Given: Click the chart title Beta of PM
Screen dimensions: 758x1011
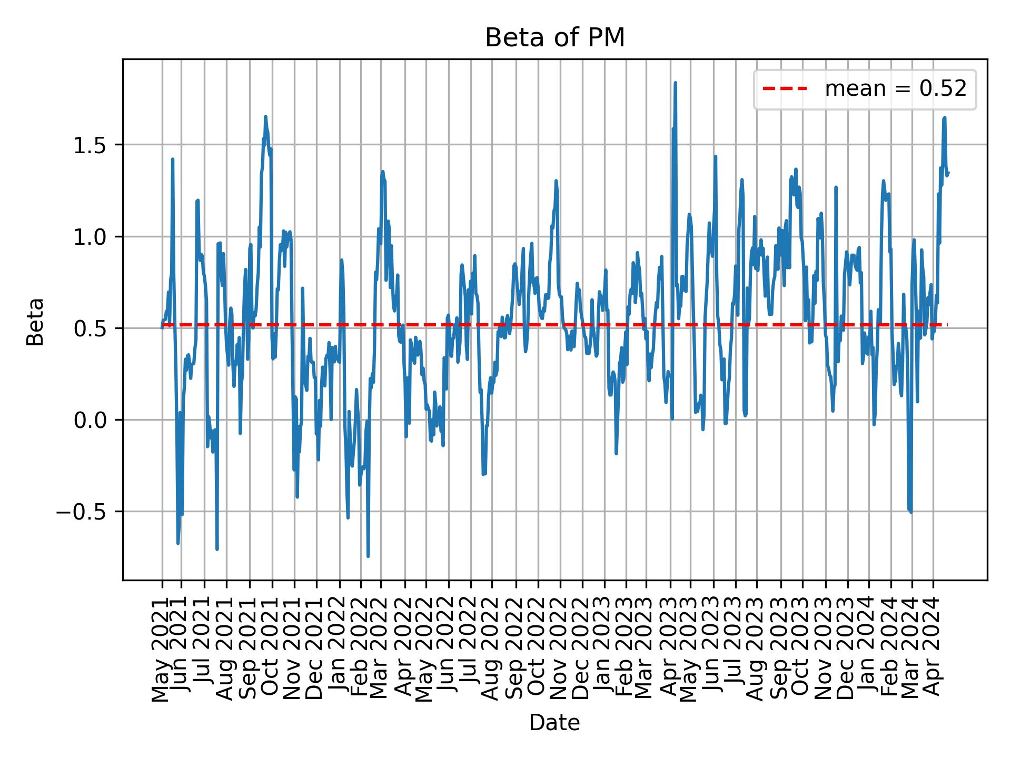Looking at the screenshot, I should (554, 38).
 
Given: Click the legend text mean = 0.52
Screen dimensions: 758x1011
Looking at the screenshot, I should (895, 89).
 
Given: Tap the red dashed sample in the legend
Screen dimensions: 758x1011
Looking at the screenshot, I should (785, 89).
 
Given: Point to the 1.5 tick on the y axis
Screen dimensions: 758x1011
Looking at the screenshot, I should (91, 145).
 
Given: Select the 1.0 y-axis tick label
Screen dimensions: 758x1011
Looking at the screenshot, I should (91, 237).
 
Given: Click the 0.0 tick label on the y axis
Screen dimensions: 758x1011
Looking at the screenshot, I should (91, 420).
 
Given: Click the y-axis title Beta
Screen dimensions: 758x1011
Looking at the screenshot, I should (36, 322).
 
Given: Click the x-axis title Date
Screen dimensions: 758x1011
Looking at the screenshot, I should (554, 723).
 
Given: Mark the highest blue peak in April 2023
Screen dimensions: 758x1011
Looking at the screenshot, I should (675, 83).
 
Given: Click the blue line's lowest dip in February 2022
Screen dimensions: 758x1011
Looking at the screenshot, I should (368, 556).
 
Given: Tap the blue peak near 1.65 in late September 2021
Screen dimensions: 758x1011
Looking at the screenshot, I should (265, 117).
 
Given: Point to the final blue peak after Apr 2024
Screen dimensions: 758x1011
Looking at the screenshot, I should (944, 118).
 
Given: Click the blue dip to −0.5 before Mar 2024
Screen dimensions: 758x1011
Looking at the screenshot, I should (910, 511).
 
